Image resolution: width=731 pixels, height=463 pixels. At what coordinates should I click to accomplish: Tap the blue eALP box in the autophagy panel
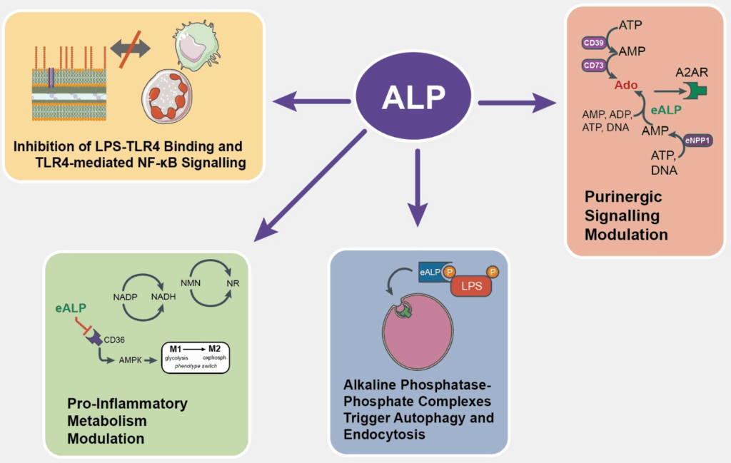pyautogui.click(x=432, y=272)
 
